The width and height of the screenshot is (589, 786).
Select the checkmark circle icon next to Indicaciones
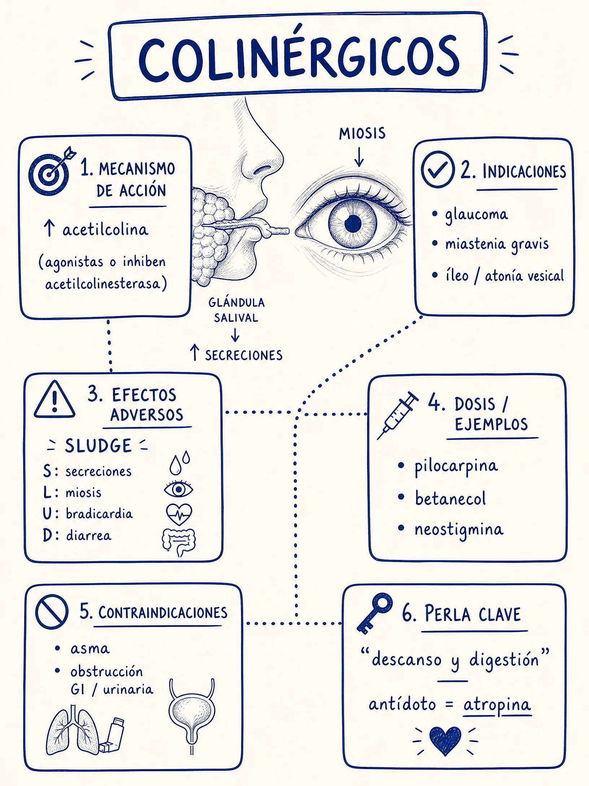[438, 169]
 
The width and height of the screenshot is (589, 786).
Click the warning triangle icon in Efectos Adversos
[54, 400]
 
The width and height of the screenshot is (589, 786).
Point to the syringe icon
[397, 416]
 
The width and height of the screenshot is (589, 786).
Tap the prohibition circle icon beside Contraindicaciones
[52, 612]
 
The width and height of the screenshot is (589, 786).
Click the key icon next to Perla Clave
[375, 613]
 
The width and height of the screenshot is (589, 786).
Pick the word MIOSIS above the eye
[362, 133]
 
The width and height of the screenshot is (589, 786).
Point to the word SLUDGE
[98, 446]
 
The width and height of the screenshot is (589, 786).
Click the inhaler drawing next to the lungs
[112, 735]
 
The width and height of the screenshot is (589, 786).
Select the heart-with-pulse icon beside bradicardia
[179, 514]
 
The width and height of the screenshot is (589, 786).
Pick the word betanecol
[450, 498]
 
